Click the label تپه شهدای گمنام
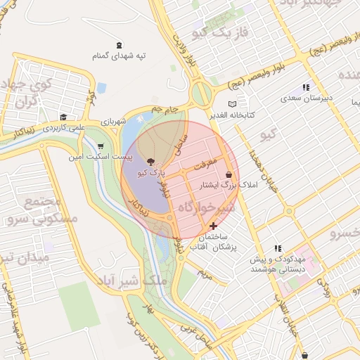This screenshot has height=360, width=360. point(117,55)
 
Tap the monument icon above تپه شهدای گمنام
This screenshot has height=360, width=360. point(117,44)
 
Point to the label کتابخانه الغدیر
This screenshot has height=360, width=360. point(231,114)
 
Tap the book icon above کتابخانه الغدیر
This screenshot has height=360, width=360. point(232,104)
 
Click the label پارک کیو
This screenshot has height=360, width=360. point(151,172)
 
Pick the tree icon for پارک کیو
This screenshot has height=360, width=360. point(151,162)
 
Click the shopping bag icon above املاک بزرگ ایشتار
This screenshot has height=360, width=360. point(229,174)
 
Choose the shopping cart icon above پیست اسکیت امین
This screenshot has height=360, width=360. point(100,146)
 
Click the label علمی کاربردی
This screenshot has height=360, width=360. point(63,128)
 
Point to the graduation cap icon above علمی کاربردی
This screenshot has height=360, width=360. point(63,117)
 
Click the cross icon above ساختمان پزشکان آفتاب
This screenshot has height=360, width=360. point(213,226)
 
